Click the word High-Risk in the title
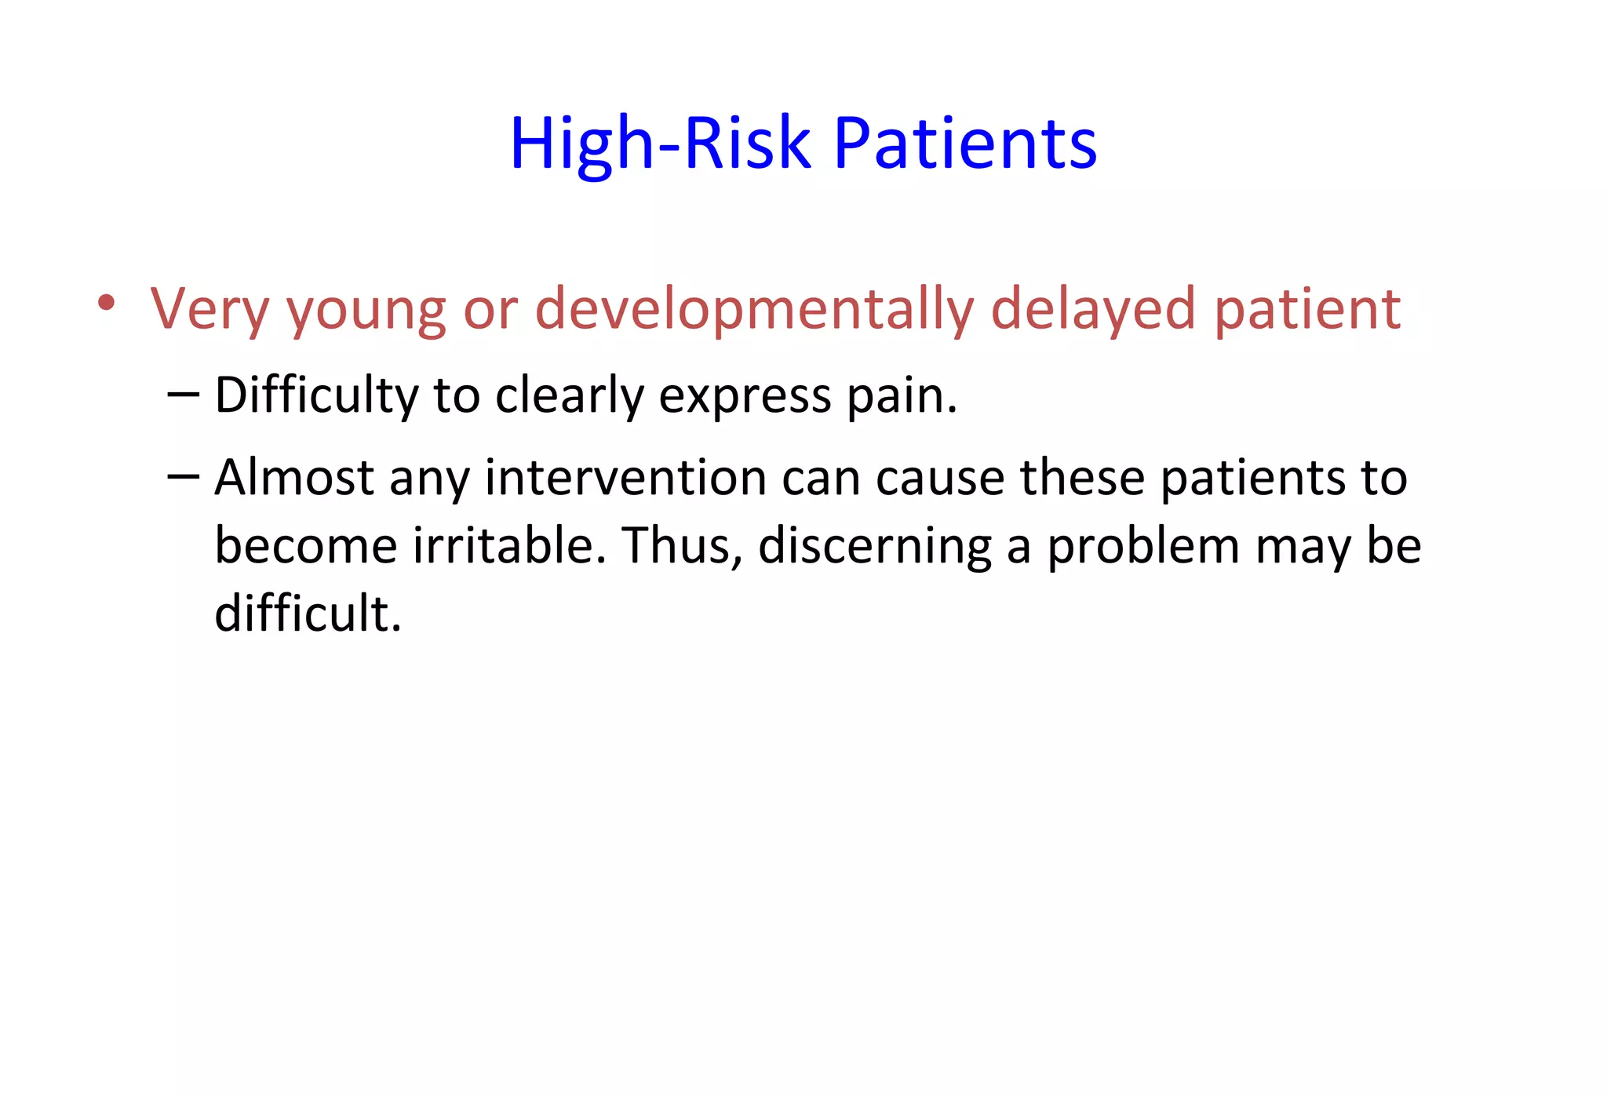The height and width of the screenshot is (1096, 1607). [x=659, y=144]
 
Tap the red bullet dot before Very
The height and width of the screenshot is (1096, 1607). [x=107, y=303]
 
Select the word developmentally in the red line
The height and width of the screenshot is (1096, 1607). [x=753, y=309]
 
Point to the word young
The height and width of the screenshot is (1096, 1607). [x=366, y=311]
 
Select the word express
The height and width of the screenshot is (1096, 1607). [x=745, y=397]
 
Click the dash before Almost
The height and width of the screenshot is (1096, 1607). [x=184, y=476]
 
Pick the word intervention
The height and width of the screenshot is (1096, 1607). [x=625, y=477]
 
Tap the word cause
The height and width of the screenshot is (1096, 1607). [x=939, y=479]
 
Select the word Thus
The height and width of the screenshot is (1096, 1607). [x=681, y=545]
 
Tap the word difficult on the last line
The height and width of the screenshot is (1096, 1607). [x=308, y=613]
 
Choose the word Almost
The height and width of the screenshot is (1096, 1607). [x=294, y=477]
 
